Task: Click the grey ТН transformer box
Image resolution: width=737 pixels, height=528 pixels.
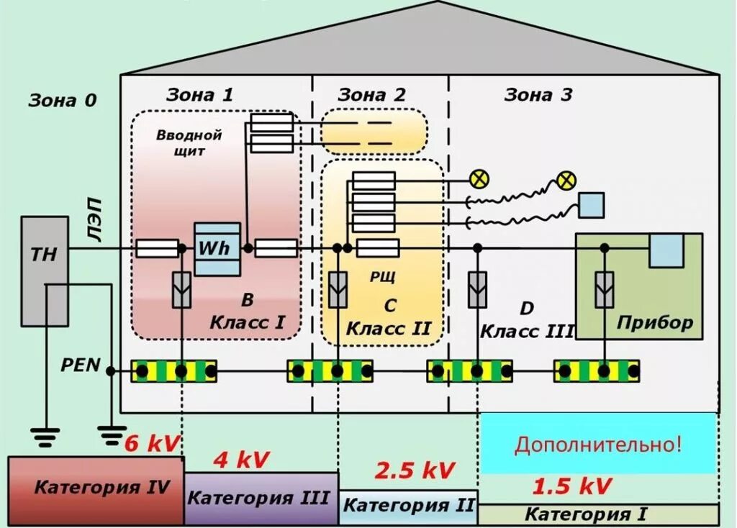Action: coord(45,270)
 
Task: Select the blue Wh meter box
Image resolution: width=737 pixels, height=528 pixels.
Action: coord(217,249)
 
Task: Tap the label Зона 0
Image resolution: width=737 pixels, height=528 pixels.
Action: coord(62,101)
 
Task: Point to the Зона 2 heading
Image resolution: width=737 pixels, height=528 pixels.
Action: coord(371,94)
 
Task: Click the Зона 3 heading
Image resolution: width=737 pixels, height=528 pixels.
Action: coord(538,94)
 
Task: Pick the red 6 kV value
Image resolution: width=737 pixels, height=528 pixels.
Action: coord(151,443)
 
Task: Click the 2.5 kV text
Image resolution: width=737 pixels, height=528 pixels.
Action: coord(415,470)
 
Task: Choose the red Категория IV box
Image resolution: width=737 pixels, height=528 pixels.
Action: coord(96,490)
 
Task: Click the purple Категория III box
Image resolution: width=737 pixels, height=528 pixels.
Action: coord(261,498)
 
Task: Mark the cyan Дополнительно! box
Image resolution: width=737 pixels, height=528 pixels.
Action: coord(597,443)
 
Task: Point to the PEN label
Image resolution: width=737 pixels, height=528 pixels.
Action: coord(81,365)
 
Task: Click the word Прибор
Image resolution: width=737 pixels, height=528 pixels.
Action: coord(654,322)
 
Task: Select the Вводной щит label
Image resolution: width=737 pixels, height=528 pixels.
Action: coord(189,142)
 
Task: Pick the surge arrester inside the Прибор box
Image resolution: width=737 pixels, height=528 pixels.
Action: coord(604,290)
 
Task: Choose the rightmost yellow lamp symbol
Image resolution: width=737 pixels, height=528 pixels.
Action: coord(567,180)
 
